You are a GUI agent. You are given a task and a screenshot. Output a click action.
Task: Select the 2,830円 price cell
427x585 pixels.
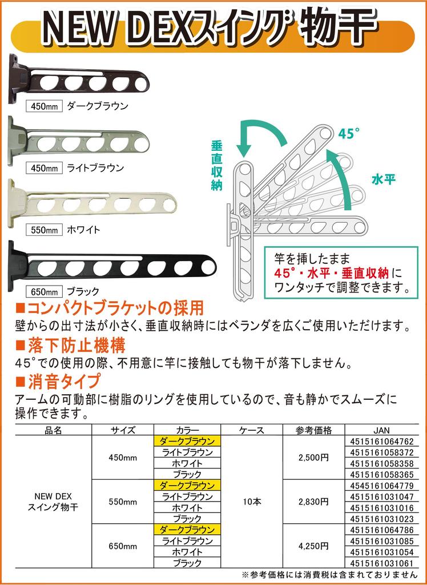313,502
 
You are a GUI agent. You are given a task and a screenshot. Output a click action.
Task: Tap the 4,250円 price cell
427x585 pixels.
313,546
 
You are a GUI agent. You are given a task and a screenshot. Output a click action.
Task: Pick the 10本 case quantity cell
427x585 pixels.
252,502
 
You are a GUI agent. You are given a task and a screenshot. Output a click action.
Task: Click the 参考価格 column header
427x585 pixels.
313,430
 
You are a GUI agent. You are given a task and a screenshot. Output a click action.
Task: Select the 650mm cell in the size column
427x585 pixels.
123,546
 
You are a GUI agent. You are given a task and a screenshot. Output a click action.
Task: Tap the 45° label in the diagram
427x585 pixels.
349,134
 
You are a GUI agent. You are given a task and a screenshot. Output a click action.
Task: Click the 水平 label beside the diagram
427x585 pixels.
384,179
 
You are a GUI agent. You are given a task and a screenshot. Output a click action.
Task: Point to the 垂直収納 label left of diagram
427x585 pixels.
217,166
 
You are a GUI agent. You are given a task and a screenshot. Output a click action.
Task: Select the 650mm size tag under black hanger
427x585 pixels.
44,291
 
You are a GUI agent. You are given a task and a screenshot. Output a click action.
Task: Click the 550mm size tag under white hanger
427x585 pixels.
44,230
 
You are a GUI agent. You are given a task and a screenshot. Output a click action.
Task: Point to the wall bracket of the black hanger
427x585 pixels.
17,264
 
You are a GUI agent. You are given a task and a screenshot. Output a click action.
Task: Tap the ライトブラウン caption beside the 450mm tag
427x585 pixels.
95,168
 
